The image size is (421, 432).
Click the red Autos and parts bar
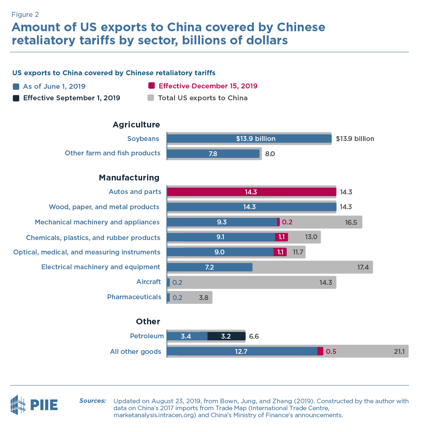251,192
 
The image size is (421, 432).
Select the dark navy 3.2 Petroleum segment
226,336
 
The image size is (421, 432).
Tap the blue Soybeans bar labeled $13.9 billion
249,139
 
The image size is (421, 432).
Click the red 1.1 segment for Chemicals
281,237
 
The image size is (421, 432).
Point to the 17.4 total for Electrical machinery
363,267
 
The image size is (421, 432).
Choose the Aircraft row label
148,282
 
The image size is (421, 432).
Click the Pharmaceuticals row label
134,297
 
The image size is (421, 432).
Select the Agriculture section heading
136,125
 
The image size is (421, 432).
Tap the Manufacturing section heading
129,178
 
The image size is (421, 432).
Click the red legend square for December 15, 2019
151,86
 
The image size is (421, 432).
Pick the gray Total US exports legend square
151,98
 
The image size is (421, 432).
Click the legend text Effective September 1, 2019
71,98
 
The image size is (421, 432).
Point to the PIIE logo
34,404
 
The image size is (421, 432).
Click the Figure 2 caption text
25,14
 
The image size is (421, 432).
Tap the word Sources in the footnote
92,401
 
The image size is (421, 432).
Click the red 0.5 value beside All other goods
331,351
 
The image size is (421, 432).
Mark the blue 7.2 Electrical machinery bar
209,267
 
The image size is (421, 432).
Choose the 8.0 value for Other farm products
269,154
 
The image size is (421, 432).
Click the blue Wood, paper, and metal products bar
251,207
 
